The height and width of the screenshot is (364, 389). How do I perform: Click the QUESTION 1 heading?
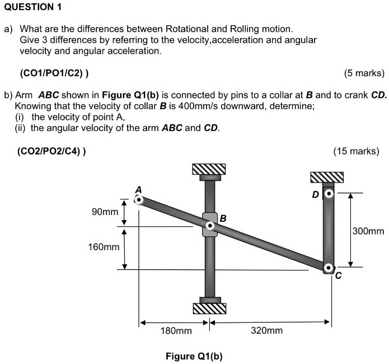coord(32,7)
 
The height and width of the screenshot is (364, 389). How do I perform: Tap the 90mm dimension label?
coord(105,212)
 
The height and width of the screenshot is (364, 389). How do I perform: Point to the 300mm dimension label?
coord(368,231)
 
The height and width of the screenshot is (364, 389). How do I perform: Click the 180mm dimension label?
coord(176,331)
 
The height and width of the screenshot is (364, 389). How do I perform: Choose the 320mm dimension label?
coord(266,331)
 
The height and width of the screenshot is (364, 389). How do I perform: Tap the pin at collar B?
coord(210,226)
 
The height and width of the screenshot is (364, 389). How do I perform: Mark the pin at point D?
coord(329,194)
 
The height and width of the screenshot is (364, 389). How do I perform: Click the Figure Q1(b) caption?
coord(194,356)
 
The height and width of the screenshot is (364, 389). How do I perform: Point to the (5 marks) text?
coord(364,73)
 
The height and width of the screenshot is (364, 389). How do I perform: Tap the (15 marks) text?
coord(355,151)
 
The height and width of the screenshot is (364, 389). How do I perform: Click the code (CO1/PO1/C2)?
coord(54,73)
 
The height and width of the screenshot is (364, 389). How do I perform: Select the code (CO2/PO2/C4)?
coord(51,151)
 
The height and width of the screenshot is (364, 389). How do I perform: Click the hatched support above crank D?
coord(327,177)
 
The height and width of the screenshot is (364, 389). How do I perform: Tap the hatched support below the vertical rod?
coord(209,308)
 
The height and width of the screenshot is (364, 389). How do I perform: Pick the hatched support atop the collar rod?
coord(209,169)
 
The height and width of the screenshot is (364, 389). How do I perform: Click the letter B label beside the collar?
coord(222,218)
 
